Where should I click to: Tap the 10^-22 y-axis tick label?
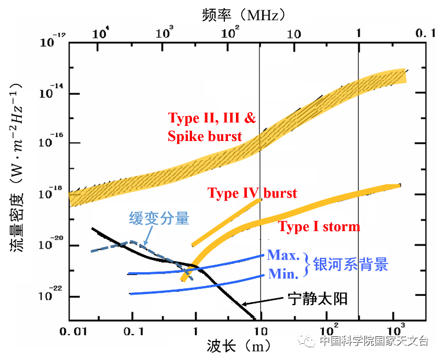point(51,295)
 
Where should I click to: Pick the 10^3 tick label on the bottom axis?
point(394,333)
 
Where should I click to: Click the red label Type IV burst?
point(252,193)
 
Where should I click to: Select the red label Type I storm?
point(319,227)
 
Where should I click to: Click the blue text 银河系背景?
point(350,264)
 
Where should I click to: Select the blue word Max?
point(283,255)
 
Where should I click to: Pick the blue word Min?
point(283,274)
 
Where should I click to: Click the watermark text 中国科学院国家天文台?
point(374,341)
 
